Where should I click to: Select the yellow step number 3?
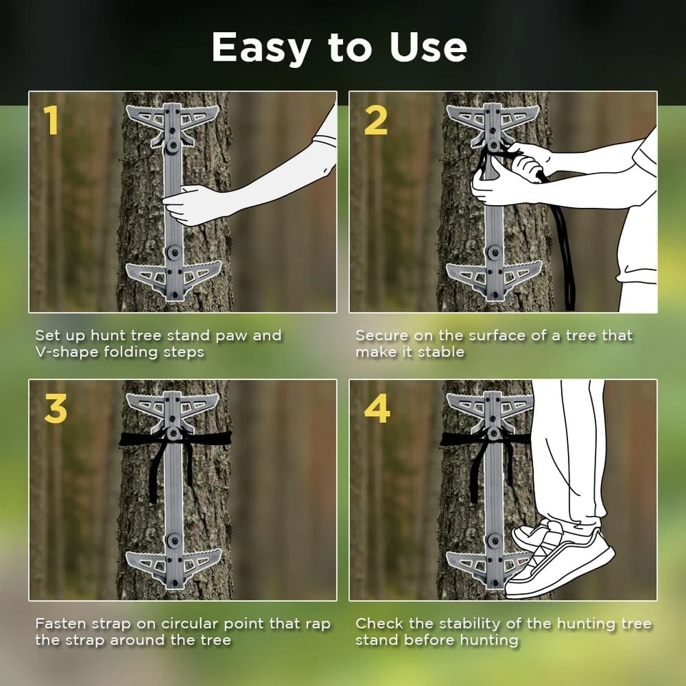coord(56,409)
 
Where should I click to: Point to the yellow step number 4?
coord(377,409)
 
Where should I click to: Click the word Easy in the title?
coord(262,48)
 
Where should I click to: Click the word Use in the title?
coord(428,47)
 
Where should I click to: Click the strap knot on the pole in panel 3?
coord(174,434)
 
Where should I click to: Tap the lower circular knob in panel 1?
coord(174,252)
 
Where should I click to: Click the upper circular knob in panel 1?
coord(174,145)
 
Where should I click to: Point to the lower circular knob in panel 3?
coord(174,540)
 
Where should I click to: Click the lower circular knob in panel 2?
coord(494,252)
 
